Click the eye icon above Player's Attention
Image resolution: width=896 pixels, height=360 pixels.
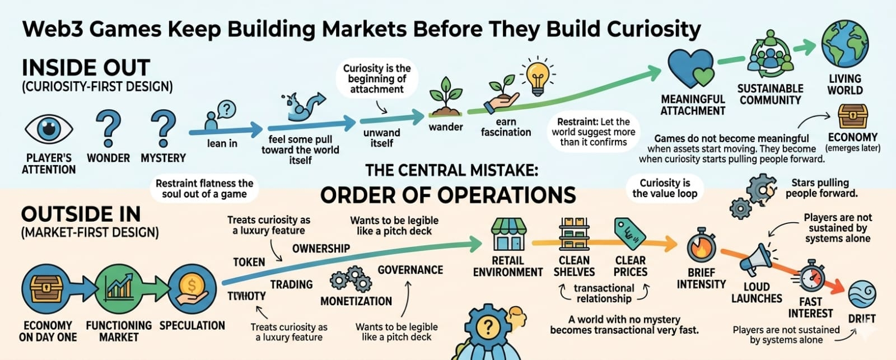[49, 129]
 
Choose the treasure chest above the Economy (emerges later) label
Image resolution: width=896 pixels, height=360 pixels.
[852, 116]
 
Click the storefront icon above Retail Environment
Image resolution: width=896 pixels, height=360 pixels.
[508, 235]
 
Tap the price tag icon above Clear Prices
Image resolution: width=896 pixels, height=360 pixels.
[630, 233]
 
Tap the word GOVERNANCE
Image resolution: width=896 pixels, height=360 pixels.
[410, 270]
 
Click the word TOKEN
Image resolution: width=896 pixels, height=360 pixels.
[249, 261]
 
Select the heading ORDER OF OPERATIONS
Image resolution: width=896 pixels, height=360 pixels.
[448, 195]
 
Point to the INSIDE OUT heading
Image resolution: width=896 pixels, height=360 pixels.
[86, 68]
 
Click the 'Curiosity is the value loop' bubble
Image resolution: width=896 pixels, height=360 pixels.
[665, 188]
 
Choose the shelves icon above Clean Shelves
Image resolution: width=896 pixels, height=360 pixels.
[574, 234]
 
